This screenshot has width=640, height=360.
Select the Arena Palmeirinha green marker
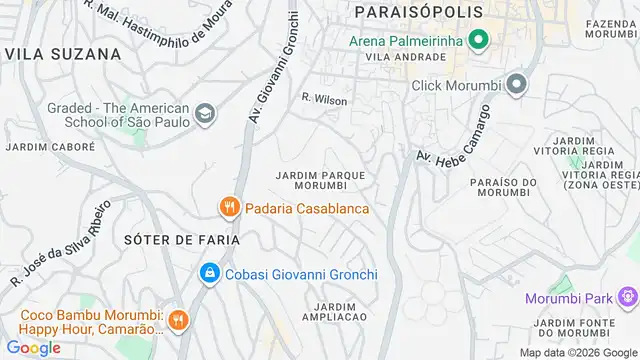pos(479,41)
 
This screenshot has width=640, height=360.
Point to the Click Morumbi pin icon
pos(516,85)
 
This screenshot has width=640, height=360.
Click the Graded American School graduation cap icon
pos(205,113)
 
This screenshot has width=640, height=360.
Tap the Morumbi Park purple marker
pos(627,297)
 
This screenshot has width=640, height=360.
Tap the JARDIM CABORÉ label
pos(51,146)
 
